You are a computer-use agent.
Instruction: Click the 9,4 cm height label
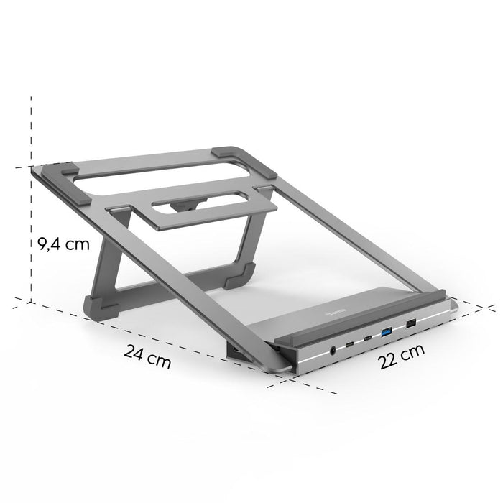click(63, 244)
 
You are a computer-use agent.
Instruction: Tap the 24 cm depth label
click(147, 356)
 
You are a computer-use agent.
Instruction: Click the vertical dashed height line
click(31, 201)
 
